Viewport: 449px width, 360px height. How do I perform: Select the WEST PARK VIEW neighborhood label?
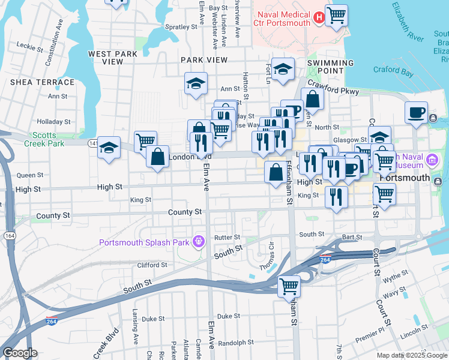tap(113, 58)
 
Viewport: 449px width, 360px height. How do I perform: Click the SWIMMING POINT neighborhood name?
tap(331, 67)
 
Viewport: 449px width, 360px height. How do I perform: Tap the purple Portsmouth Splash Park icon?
tap(199, 242)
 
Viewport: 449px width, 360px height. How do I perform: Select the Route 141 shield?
tap(92, 143)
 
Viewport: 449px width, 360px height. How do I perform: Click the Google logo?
tap(20, 353)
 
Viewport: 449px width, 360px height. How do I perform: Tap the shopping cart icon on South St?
tap(289, 286)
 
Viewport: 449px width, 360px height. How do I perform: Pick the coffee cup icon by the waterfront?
tap(417, 112)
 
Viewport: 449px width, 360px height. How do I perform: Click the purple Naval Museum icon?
tap(432, 160)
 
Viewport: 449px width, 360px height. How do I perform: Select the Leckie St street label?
tap(28, 45)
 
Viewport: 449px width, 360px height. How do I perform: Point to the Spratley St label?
tap(181, 27)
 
